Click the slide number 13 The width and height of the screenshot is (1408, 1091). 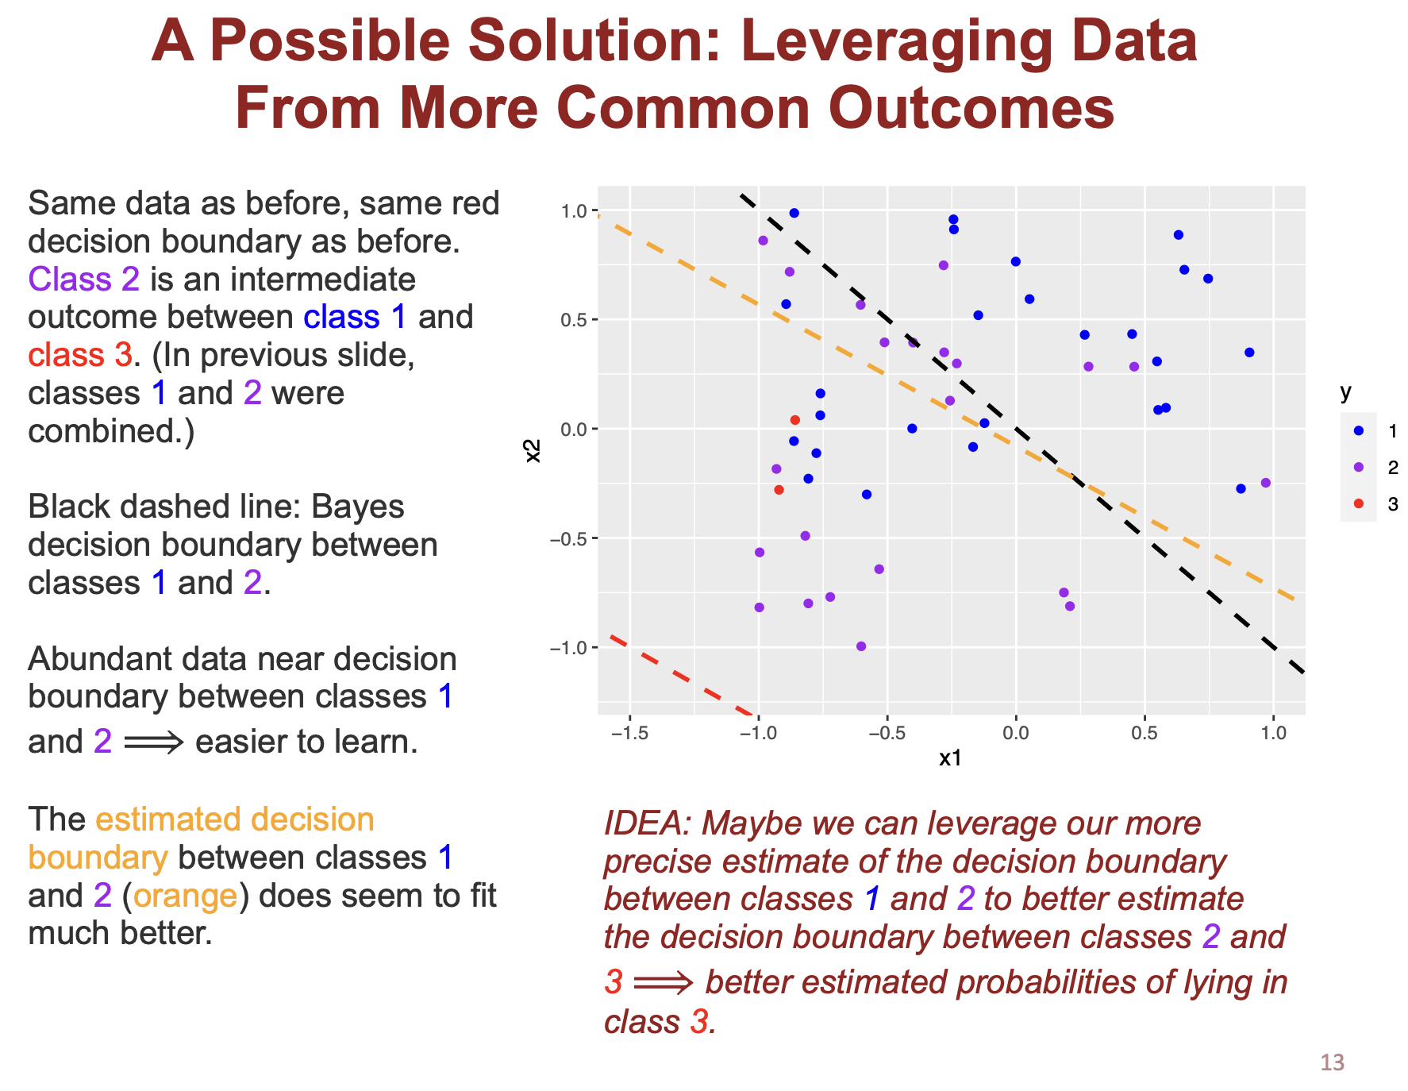pyautogui.click(x=1332, y=1062)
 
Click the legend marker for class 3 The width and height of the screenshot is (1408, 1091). pyautogui.click(x=1358, y=503)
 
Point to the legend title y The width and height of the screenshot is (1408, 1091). pyautogui.click(x=1345, y=391)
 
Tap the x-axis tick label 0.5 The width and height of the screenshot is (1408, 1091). pyautogui.click(x=1144, y=732)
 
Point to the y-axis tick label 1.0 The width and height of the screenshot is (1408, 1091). pyautogui.click(x=572, y=211)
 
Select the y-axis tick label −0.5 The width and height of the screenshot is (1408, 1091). pyautogui.click(x=568, y=538)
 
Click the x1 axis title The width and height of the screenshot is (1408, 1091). pyautogui.click(x=950, y=758)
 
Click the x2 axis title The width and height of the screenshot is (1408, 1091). pyautogui.click(x=533, y=450)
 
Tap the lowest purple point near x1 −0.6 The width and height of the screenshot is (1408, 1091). pyautogui.click(x=861, y=646)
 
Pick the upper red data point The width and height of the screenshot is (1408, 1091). pyautogui.click(x=794, y=420)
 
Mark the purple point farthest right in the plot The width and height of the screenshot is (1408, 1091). pyautogui.click(x=1265, y=483)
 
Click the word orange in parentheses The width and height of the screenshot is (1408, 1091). pyautogui.click(x=185, y=895)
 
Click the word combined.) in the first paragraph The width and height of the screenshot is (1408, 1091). pyautogui.click(x=111, y=431)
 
